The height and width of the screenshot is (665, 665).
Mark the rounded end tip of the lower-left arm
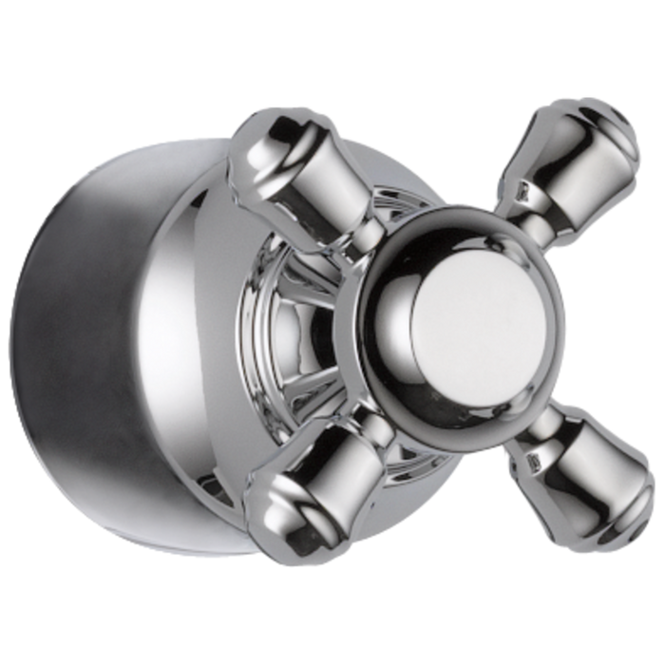click(x=275, y=518)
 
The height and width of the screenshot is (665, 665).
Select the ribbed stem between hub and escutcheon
click(x=290, y=323)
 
